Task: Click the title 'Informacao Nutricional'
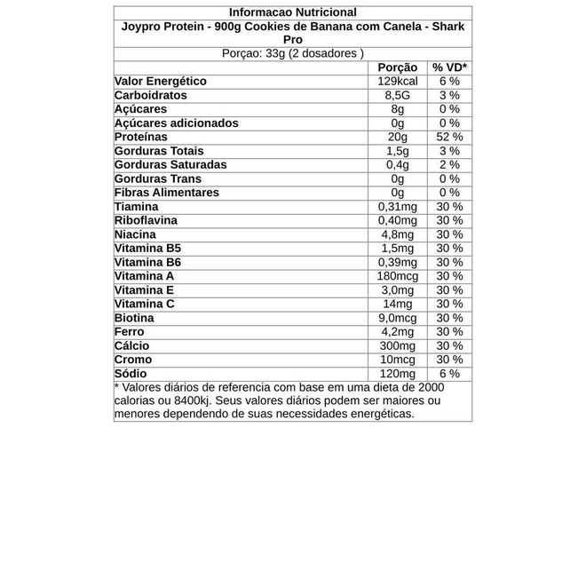[292, 12]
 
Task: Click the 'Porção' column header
[397, 67]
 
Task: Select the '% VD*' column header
[449, 67]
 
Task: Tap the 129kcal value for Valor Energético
[397, 82]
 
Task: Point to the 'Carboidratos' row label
[151, 95]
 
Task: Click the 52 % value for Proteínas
[449, 137]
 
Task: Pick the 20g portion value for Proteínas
[397, 137]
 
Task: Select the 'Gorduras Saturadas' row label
[170, 165]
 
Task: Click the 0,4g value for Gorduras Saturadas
[397, 165]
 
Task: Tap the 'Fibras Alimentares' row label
[167, 193]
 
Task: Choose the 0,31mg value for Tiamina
[397, 207]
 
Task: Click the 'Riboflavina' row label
[146, 220]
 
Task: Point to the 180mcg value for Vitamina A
[397, 276]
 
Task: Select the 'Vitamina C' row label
[145, 304]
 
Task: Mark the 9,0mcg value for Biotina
[397, 318]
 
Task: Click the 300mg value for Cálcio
[397, 345]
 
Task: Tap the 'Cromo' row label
[133, 360]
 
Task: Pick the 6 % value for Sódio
[449, 374]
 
